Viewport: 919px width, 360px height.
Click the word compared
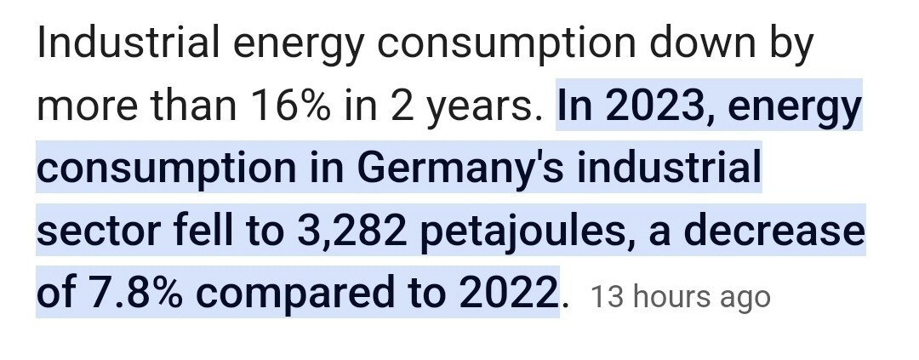(315, 294)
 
